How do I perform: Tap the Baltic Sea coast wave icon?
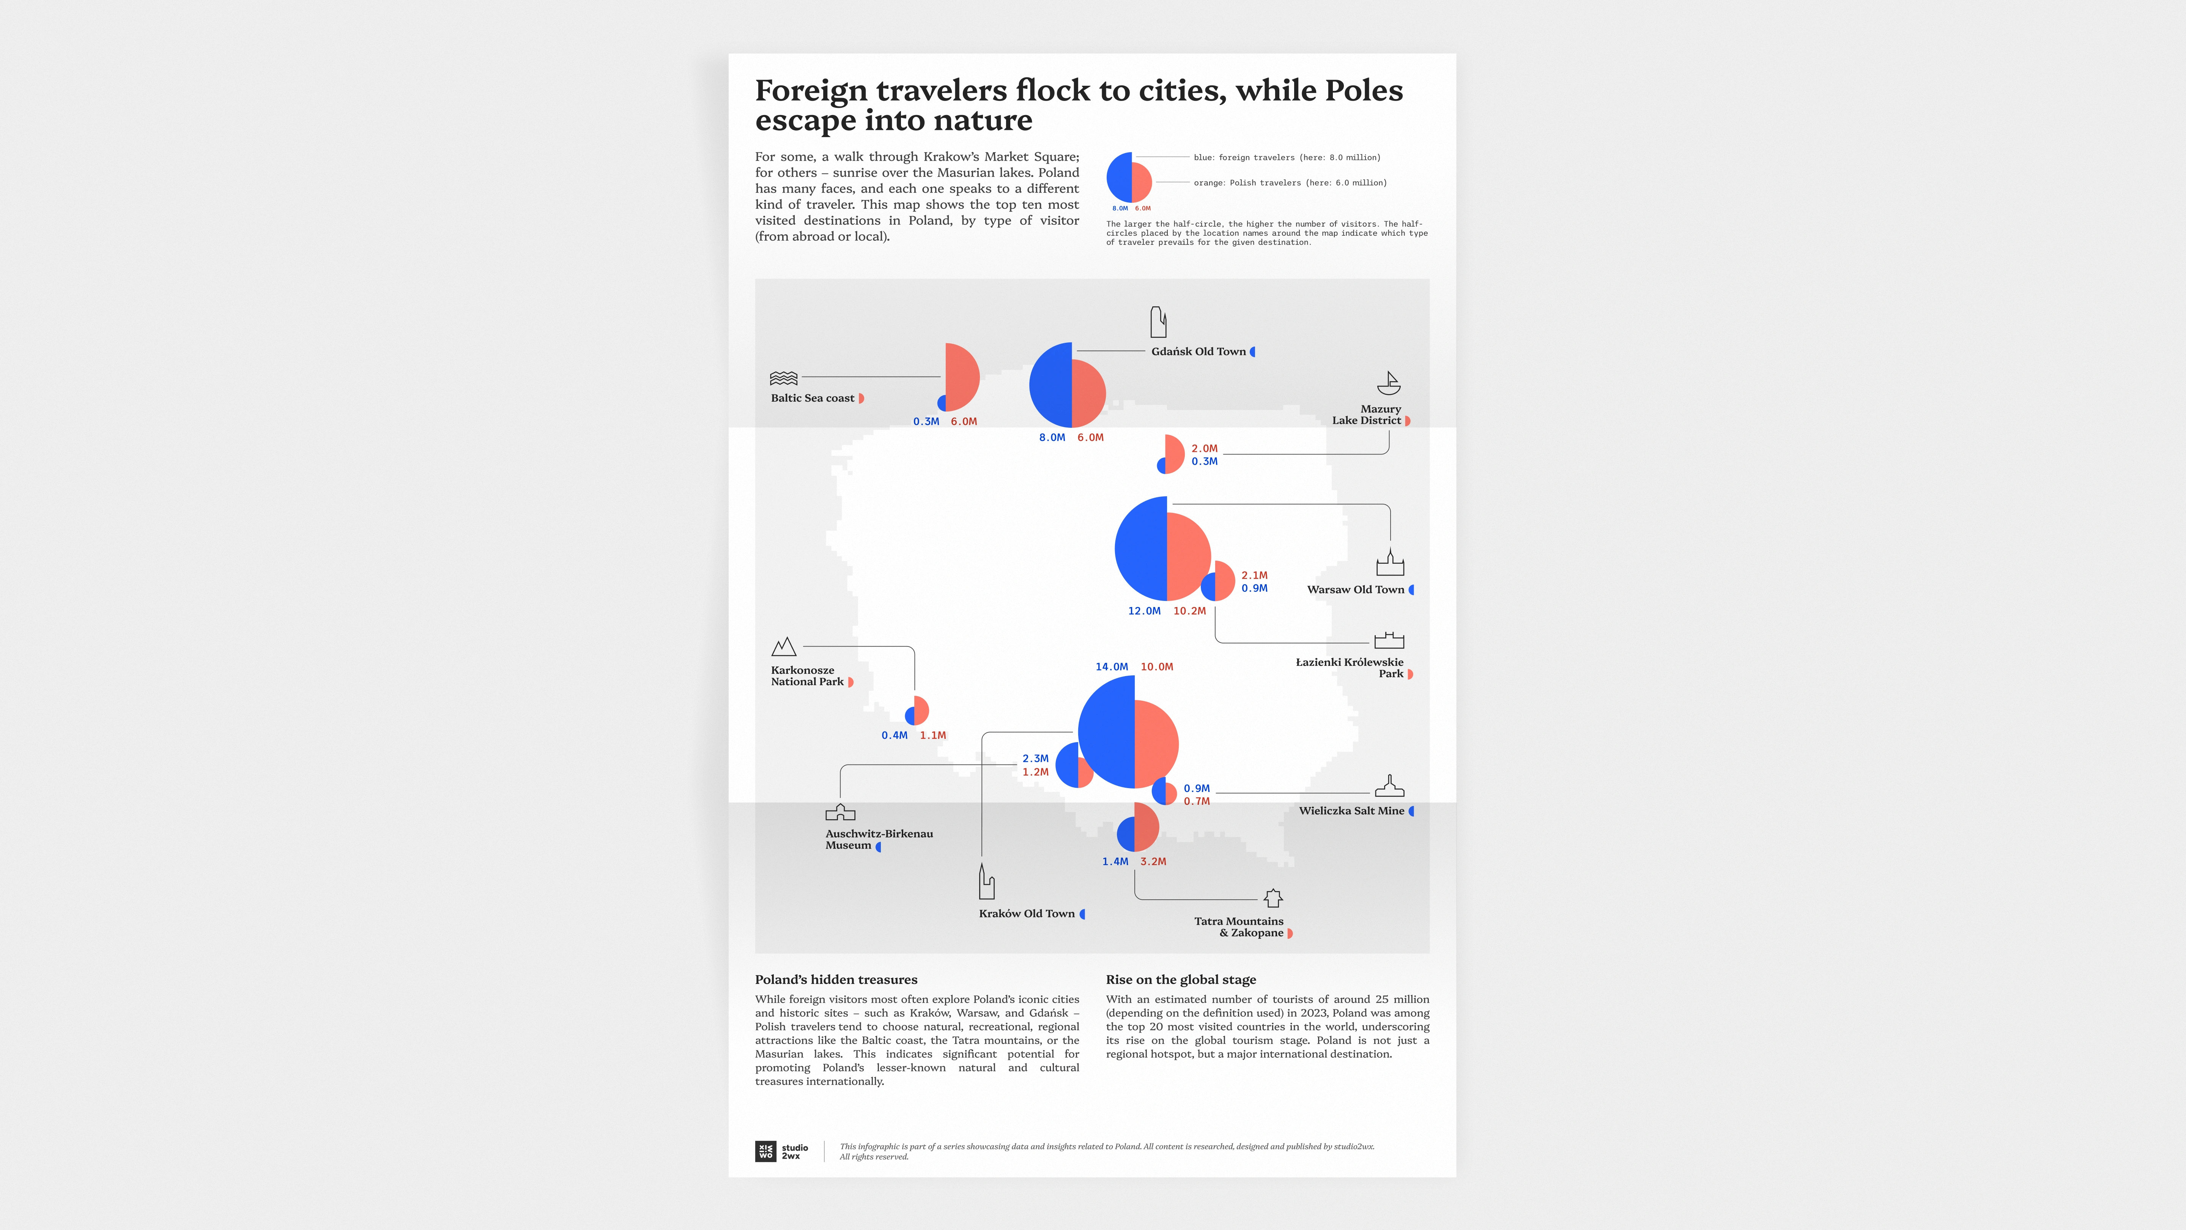[783, 378]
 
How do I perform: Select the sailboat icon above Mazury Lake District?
[1388, 384]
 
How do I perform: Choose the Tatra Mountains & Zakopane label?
[1239, 927]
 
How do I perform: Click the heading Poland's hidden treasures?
[836, 979]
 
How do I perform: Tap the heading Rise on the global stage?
[1180, 979]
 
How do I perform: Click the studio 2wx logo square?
[765, 1151]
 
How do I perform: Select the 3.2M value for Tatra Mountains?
[1153, 862]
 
